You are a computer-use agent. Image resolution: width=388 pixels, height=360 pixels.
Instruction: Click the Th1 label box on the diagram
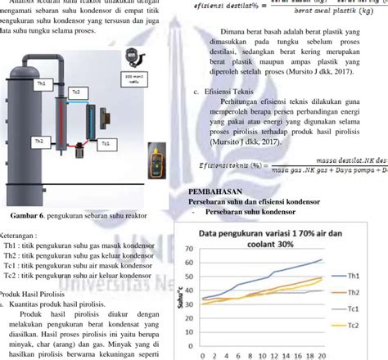(x=41, y=83)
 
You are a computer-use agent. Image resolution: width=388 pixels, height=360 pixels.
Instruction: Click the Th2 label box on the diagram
(x=38, y=142)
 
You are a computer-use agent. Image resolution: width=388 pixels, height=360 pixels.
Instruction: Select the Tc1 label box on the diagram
(x=105, y=144)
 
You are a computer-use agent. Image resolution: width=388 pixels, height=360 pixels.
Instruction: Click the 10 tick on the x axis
(x=259, y=357)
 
